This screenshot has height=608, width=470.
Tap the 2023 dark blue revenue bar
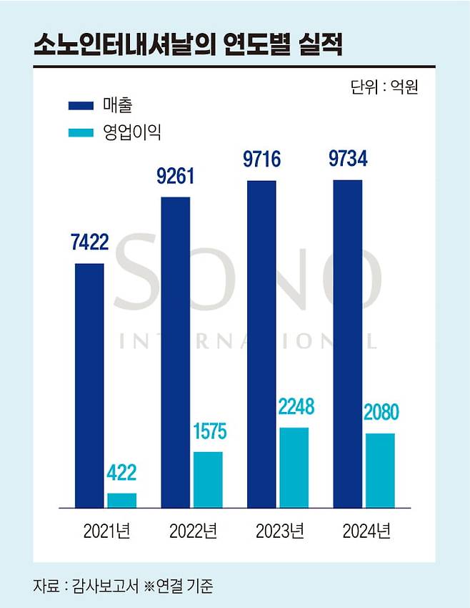261,343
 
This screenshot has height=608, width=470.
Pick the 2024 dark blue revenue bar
348,343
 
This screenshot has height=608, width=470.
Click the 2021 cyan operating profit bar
121,500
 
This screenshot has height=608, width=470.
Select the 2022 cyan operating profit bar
208,479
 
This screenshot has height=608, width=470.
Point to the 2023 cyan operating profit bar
294,467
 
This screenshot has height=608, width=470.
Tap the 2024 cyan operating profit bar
380,470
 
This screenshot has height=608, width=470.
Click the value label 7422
89,242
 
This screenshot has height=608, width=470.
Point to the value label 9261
176,175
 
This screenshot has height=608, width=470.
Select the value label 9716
261,159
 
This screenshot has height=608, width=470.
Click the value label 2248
294,408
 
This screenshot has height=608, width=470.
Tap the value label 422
121,474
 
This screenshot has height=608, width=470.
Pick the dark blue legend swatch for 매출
81,105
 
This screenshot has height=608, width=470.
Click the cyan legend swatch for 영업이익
81,132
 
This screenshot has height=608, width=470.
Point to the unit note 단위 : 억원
384,87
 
